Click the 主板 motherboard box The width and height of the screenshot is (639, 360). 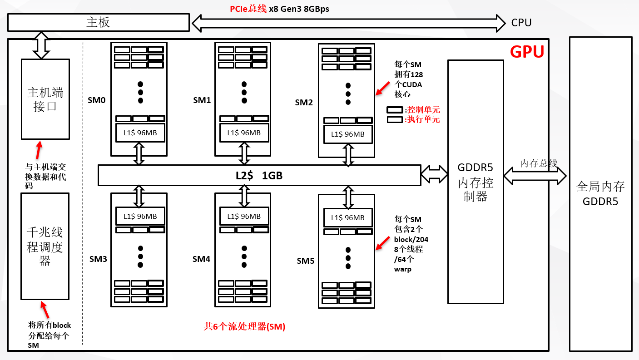coord(98,22)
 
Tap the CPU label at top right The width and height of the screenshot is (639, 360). coord(521,23)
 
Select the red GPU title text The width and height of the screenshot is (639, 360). coord(527,52)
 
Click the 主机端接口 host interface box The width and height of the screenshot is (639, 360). coord(45,99)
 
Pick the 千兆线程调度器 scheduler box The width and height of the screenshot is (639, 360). coord(45,246)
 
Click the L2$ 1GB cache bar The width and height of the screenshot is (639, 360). coord(259,175)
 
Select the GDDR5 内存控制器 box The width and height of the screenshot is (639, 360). coord(476,182)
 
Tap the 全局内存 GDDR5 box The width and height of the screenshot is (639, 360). coord(600,193)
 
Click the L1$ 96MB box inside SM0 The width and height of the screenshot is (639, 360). coord(140,133)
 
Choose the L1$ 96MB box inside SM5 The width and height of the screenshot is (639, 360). coord(347,218)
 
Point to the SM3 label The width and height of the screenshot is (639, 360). coord(98,259)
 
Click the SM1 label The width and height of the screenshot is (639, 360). coord(202,100)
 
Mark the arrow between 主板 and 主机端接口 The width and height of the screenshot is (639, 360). coord(41,45)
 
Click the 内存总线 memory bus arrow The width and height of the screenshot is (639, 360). coord(535,175)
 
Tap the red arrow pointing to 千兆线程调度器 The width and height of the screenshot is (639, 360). coord(45,310)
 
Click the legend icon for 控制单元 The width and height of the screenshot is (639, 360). coord(394,110)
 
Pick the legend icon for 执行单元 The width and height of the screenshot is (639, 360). coord(394,120)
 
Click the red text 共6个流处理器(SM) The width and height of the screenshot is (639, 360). coord(244,326)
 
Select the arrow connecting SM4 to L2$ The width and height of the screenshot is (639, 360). coord(244,196)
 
